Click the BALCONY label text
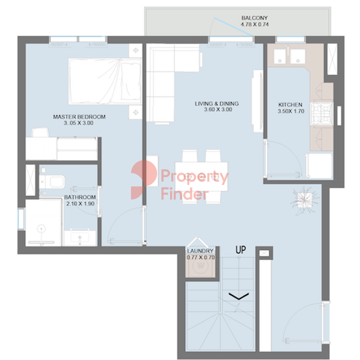click(254, 18)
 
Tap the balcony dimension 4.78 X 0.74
click(254, 24)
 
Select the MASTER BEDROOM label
click(79, 117)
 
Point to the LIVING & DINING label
click(217, 104)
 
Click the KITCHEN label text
click(290, 105)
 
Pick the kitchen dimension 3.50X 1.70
click(291, 111)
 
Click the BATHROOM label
click(80, 197)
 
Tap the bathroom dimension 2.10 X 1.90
click(80, 204)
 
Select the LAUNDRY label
click(200, 251)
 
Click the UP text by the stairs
click(241, 250)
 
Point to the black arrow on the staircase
click(239, 296)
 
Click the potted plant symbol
click(305, 200)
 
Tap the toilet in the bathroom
click(52, 182)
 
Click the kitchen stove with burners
click(322, 114)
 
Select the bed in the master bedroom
click(105, 81)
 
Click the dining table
click(201, 176)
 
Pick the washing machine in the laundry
click(200, 266)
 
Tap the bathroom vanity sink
click(80, 238)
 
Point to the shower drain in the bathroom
click(41, 228)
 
